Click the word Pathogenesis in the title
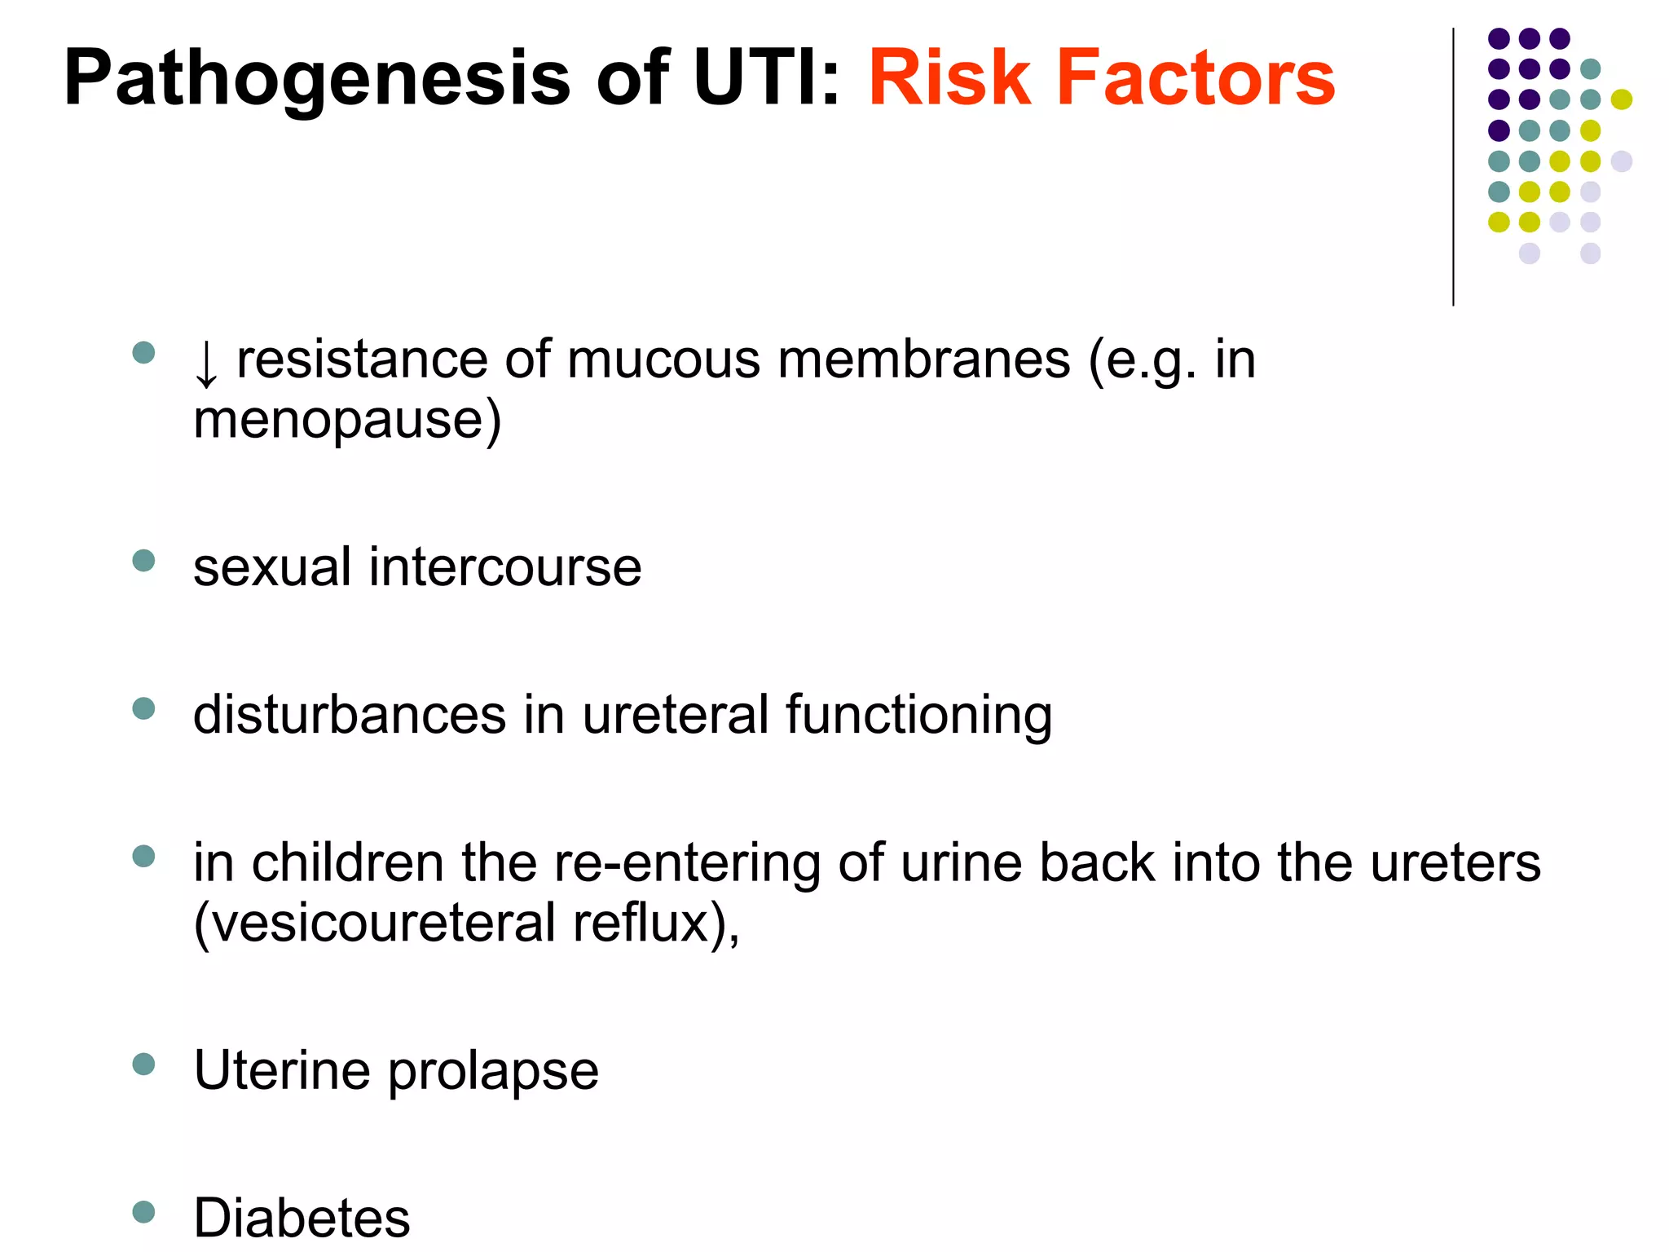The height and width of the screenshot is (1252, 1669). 317,79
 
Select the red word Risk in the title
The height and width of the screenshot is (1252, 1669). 949,79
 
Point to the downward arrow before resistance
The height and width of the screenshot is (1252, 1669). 206,364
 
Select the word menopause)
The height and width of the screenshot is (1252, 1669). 347,421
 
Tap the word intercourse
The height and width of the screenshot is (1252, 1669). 505,567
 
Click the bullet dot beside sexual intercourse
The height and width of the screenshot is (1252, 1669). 143,561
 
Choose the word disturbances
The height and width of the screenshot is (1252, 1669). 350,715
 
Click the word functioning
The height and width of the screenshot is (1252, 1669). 918,715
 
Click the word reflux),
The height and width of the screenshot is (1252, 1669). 656,924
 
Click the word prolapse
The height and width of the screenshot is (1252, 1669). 493,1072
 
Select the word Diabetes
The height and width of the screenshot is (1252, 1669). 302,1218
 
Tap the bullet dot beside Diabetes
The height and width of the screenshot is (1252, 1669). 143,1212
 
